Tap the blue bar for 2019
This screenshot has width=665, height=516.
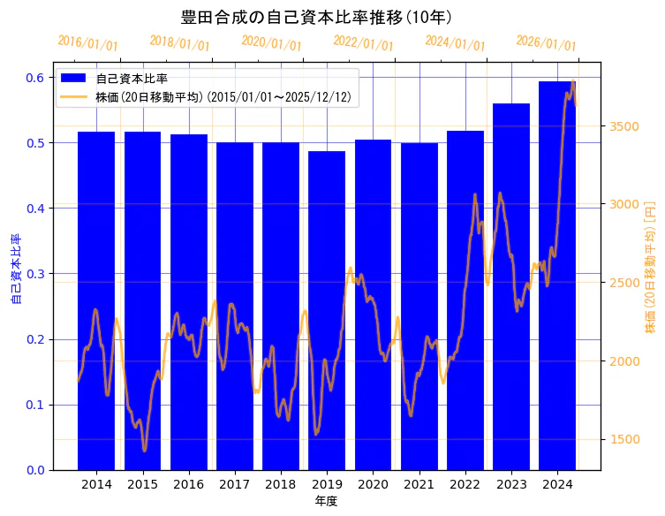(x=327, y=309)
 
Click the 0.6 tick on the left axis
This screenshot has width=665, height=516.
(x=34, y=78)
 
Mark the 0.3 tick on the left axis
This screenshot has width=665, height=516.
(x=34, y=274)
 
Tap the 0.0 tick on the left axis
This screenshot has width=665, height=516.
(x=34, y=470)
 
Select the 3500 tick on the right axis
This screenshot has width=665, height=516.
(x=624, y=126)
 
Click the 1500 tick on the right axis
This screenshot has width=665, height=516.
(x=624, y=439)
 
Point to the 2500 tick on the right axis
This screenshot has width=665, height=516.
(x=624, y=283)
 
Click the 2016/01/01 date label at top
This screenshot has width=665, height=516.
(x=87, y=42)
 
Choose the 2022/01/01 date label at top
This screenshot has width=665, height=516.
(x=363, y=42)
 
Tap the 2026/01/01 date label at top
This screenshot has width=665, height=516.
(x=546, y=42)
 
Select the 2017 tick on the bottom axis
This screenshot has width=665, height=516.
(x=235, y=485)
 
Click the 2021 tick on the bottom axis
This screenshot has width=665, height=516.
(x=419, y=485)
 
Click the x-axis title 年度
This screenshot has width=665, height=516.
(x=327, y=501)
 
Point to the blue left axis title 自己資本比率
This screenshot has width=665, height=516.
(x=15, y=269)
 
